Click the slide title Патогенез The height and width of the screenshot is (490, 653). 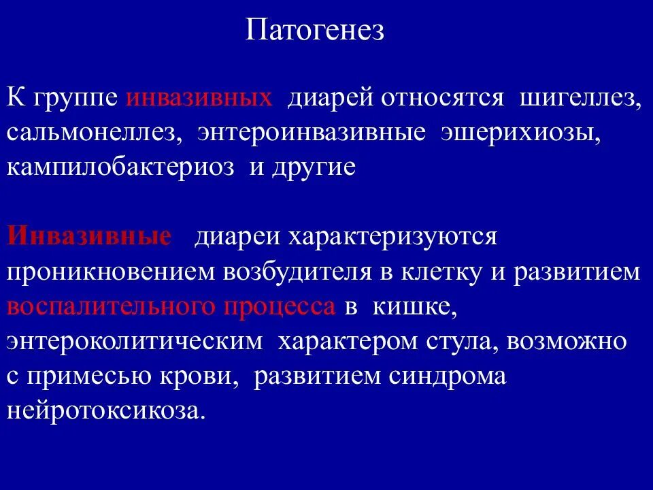[x=315, y=31]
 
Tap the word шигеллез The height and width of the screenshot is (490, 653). [x=580, y=98]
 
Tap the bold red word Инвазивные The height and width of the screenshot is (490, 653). [x=88, y=237]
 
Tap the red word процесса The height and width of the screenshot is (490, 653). [x=279, y=307]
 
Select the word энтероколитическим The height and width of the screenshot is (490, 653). [x=134, y=342]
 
